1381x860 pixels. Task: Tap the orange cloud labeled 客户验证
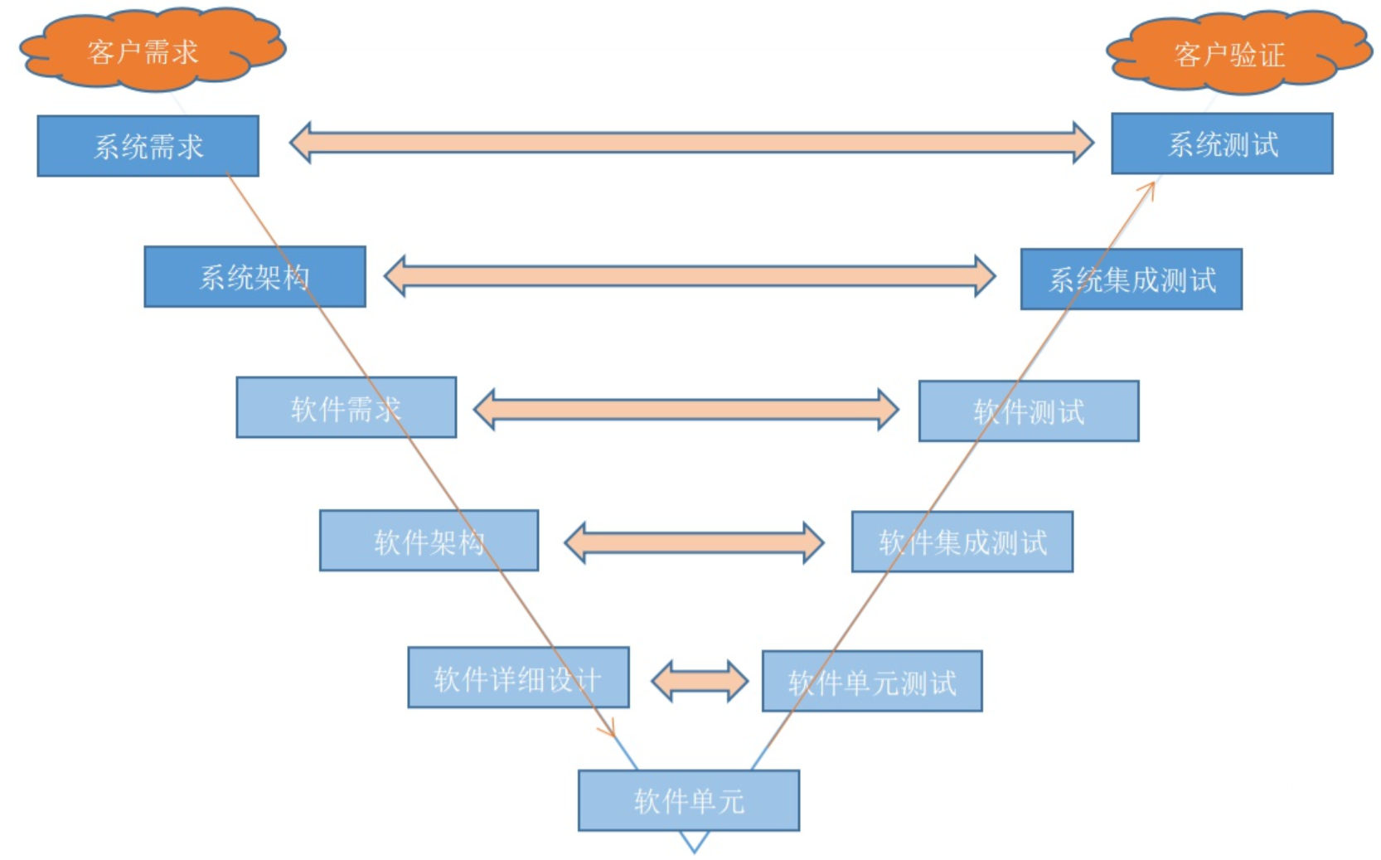click(x=1235, y=52)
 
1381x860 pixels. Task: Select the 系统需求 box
click(x=148, y=146)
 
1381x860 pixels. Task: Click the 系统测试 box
click(x=1222, y=143)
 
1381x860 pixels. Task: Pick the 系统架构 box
click(x=254, y=276)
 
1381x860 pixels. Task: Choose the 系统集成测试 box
click(x=1131, y=279)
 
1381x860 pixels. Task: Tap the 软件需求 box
click(x=346, y=407)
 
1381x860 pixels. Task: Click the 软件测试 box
click(x=1028, y=411)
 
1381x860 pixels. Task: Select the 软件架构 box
click(x=429, y=541)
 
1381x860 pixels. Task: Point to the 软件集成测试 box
click(x=962, y=542)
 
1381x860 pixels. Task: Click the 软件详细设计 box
click(x=518, y=678)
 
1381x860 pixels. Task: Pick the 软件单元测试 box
click(x=872, y=681)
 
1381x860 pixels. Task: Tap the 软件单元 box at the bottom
click(x=688, y=800)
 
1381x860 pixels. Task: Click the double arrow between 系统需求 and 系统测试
click(x=691, y=143)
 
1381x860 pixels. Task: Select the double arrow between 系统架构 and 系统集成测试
click(x=690, y=276)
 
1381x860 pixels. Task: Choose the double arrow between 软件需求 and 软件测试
click(x=686, y=409)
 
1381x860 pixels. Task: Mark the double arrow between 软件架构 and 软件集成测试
click(x=694, y=543)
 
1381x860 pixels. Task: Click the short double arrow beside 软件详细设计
click(x=700, y=681)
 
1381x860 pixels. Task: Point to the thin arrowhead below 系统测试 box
click(x=1148, y=189)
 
